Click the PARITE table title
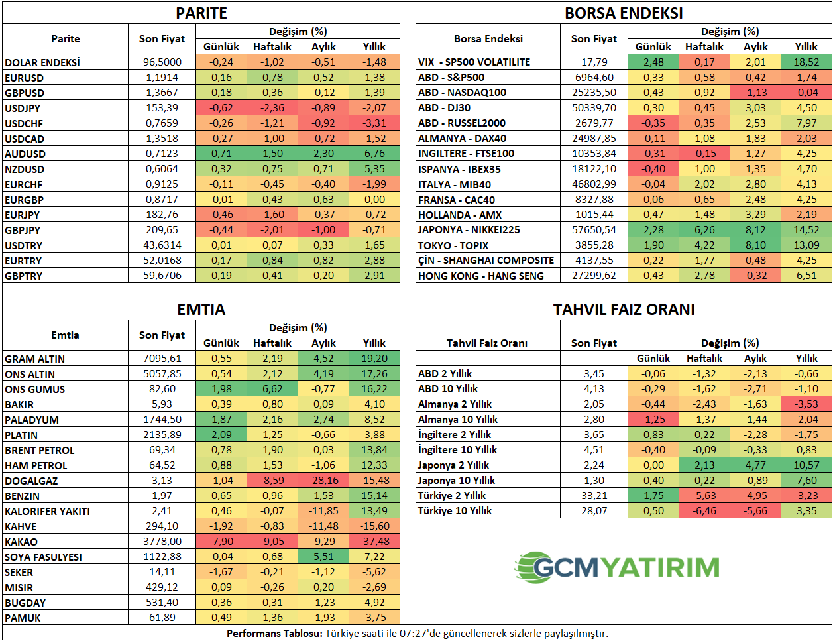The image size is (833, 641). pos(201,13)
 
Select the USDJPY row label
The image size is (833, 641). pos(23,108)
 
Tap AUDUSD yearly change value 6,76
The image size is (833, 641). pos(374,154)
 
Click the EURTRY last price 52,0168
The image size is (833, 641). pos(162,261)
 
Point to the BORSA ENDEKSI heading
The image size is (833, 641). pos(624,13)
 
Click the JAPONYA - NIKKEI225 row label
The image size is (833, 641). pos(469,230)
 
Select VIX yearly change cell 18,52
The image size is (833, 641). pos(806,62)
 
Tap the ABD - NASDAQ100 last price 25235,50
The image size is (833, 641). pos(594,93)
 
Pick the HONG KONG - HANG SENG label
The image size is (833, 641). pos(480,276)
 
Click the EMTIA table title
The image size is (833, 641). pos(201,310)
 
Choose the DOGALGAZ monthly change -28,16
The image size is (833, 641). pos(323,481)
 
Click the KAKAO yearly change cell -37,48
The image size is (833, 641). pos(374,542)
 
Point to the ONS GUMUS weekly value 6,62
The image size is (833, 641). pos(272,389)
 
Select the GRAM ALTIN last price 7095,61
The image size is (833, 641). pos(162,359)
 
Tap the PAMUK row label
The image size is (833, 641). pos(23,618)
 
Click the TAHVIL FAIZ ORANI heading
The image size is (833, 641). pos(624,310)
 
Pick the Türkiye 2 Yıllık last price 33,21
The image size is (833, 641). pos(594,496)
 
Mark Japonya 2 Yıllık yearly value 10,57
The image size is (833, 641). pos(806,465)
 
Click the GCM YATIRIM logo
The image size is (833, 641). pos(617,567)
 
